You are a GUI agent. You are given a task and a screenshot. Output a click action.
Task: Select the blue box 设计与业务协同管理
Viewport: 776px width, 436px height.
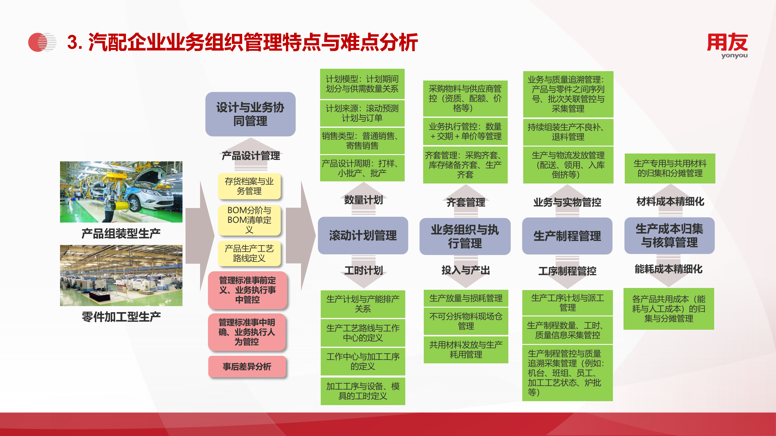[250, 114]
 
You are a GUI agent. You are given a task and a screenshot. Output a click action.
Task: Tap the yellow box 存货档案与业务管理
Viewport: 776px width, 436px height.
[249, 186]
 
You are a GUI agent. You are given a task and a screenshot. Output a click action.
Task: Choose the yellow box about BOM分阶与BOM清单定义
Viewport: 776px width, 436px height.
[249, 220]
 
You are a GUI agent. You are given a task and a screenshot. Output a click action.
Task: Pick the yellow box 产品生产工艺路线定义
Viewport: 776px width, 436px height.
[249, 253]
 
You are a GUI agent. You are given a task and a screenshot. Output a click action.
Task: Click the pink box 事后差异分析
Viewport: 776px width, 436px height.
[247, 367]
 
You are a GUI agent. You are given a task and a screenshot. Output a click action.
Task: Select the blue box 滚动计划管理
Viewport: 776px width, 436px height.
[363, 236]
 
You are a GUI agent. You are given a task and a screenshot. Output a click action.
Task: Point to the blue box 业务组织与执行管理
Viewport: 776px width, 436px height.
[465, 236]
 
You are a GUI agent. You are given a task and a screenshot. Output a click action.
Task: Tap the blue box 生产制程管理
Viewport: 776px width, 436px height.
[567, 236]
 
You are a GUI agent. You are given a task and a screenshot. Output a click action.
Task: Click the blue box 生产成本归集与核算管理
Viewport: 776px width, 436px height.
[669, 236]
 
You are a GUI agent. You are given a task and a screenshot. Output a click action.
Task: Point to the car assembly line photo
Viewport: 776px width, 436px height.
[121, 192]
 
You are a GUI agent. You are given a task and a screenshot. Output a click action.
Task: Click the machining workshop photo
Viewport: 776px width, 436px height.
[121, 276]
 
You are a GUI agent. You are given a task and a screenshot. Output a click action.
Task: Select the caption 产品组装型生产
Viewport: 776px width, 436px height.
[121, 233]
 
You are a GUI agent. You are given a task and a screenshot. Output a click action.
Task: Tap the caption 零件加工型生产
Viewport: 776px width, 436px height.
[121, 317]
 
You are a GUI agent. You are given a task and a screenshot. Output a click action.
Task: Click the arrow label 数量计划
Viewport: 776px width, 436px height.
[363, 200]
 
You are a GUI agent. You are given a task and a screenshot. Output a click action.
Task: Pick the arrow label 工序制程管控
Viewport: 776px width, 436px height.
[567, 271]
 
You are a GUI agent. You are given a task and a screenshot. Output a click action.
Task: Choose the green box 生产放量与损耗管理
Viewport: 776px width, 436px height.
[466, 299]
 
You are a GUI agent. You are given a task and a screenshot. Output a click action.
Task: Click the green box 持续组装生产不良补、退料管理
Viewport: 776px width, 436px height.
[568, 132]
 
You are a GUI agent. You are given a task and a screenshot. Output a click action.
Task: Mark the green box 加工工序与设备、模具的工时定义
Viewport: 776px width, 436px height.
[363, 391]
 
